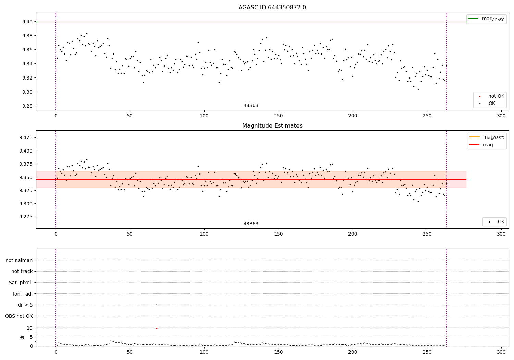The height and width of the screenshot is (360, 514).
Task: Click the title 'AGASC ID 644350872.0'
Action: [272, 8]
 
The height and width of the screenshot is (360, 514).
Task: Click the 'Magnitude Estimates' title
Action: [272, 126]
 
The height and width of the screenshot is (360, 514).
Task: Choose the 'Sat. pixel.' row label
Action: [21, 283]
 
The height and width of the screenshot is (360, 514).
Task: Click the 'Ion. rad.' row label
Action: [23, 294]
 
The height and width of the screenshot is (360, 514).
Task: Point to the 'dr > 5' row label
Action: [25, 305]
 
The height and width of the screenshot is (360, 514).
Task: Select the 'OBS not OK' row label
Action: [19, 316]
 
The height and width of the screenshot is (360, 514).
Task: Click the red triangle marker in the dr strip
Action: [157, 328]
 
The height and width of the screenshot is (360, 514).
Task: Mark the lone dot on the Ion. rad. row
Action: [157, 293]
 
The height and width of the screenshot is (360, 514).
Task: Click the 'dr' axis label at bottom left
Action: [22, 337]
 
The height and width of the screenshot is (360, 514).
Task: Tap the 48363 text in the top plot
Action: [251, 106]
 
